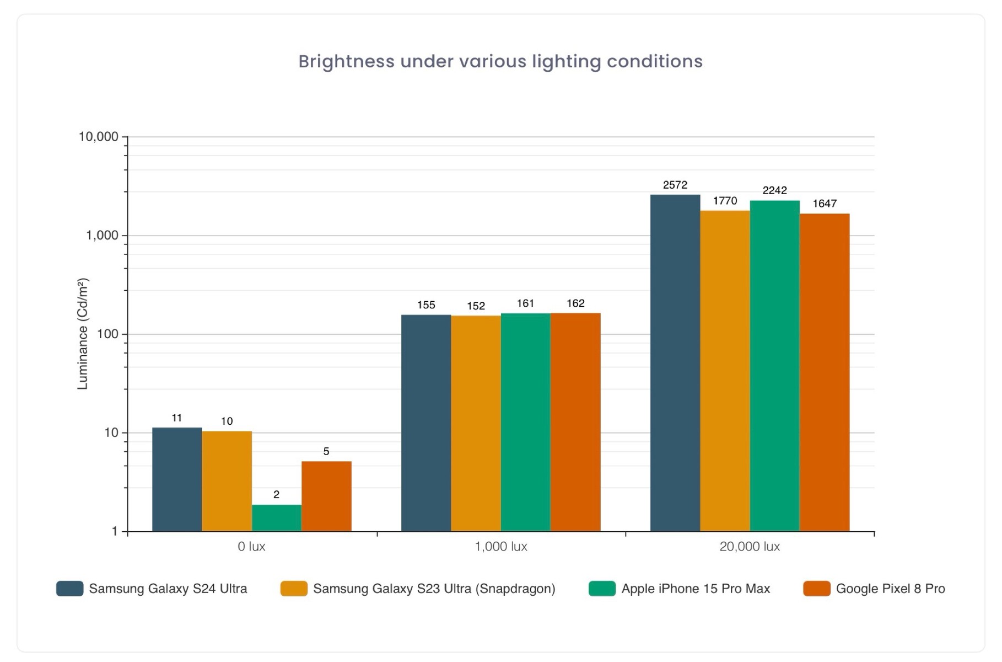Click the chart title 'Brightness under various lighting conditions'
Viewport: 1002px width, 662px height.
tap(500, 61)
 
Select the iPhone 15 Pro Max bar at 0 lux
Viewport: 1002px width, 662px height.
tap(277, 518)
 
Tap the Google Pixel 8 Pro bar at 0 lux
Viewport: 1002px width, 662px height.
tap(326, 496)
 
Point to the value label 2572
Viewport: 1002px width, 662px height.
tap(675, 185)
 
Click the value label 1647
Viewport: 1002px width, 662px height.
tap(825, 204)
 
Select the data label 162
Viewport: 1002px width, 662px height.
tap(575, 303)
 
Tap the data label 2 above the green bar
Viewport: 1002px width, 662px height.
tap(277, 495)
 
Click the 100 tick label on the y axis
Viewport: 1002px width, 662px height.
tap(107, 334)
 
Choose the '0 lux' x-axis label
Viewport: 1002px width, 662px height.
tap(251, 547)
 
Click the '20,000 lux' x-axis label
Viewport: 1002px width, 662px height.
tap(750, 547)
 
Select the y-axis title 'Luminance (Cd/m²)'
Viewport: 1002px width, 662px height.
tap(83, 334)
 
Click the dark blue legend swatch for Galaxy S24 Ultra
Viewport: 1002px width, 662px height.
tap(70, 589)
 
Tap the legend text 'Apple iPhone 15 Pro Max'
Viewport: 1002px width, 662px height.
tap(696, 589)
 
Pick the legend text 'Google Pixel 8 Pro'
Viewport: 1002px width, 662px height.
tap(890, 589)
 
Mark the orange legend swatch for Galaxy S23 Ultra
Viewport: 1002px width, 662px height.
tap(294, 589)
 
